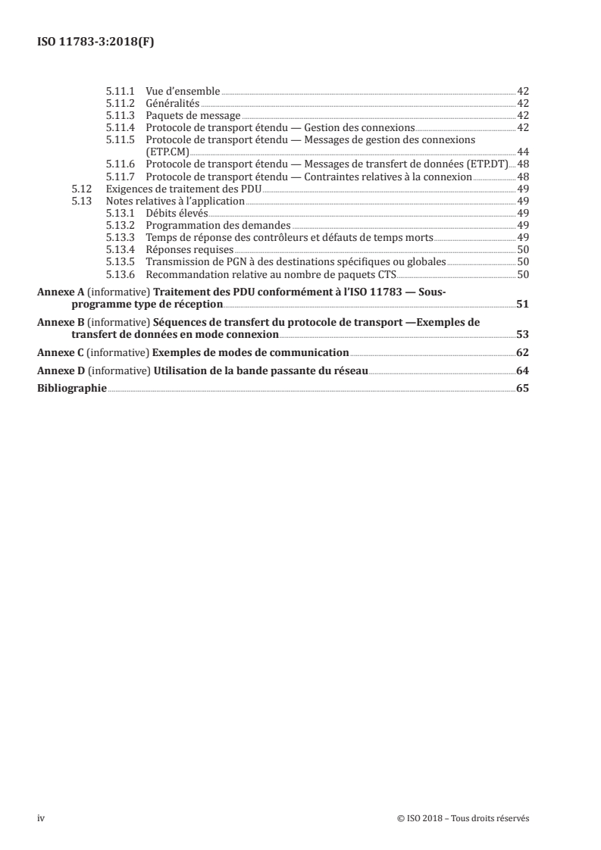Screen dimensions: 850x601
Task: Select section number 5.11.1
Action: pyautogui.click(x=119, y=91)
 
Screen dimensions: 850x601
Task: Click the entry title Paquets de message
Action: pyautogui.click(x=193, y=115)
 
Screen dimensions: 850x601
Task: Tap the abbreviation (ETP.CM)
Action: pyautogui.click(x=167, y=152)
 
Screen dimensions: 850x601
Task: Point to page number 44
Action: pyautogui.click(x=522, y=152)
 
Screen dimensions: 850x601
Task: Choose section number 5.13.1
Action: pyautogui.click(x=119, y=214)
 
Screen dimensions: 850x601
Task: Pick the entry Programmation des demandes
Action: pyautogui.click(x=218, y=226)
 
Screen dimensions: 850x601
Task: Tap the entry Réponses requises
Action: pyautogui.click(x=189, y=250)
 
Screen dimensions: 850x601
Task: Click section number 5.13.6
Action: pyautogui.click(x=119, y=275)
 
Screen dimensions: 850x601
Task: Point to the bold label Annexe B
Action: pyautogui.click(x=61, y=322)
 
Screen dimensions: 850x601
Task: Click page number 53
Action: pyautogui.click(x=522, y=334)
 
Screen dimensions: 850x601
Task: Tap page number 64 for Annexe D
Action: pyautogui.click(x=522, y=370)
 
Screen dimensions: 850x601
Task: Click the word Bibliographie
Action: pyautogui.click(x=72, y=389)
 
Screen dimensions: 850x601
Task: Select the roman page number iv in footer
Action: pyautogui.click(x=41, y=818)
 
